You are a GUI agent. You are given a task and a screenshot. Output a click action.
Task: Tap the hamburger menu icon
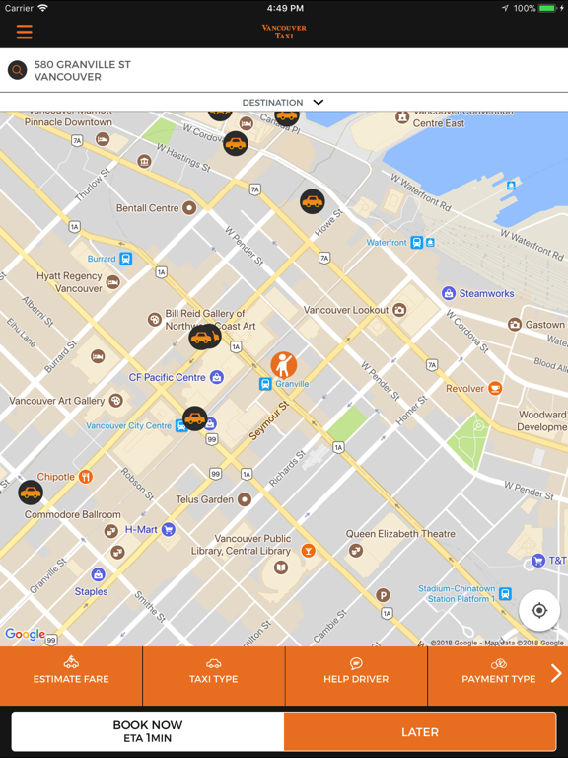[25, 32]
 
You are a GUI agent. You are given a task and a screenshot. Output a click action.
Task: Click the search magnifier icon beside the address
[17, 70]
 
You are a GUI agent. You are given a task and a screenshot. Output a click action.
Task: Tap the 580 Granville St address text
[82, 70]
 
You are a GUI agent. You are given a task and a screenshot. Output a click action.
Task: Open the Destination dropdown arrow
[318, 102]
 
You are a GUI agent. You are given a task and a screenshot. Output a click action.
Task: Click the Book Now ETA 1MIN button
[148, 731]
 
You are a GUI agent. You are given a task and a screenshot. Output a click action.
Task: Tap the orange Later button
[419, 731]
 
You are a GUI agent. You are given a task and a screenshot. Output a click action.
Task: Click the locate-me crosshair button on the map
[539, 611]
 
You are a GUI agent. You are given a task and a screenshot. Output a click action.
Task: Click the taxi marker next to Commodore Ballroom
[31, 492]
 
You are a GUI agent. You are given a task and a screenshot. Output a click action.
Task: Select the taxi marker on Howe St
[313, 201]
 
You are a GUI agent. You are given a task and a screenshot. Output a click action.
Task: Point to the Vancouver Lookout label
[346, 310]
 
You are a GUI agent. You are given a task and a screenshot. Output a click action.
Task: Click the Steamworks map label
[486, 293]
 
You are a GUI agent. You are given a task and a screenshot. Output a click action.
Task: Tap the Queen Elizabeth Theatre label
[400, 534]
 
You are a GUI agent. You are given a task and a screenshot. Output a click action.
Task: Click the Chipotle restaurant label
[56, 477]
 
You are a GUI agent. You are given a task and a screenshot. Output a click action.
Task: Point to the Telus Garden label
[204, 499]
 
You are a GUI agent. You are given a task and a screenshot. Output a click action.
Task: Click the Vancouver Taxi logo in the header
[284, 31]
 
